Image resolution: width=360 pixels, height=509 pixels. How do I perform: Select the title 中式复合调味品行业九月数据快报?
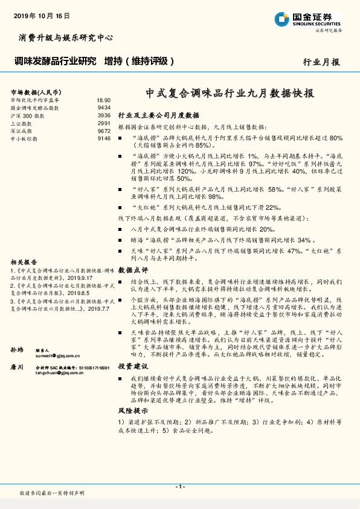tap(230, 94)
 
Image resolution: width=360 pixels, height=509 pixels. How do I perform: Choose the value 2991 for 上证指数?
tap(103, 123)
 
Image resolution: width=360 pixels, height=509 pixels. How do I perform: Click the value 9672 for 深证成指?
tap(103, 131)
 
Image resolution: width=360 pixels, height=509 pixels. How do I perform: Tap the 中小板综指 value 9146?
tap(103, 138)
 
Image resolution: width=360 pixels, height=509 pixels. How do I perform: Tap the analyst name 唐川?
tap(17, 366)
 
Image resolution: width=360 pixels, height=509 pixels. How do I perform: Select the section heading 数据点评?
tap(132, 269)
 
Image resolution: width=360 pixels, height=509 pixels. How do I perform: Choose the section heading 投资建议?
tap(132, 366)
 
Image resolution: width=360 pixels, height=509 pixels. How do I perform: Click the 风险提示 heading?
tap(132, 427)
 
